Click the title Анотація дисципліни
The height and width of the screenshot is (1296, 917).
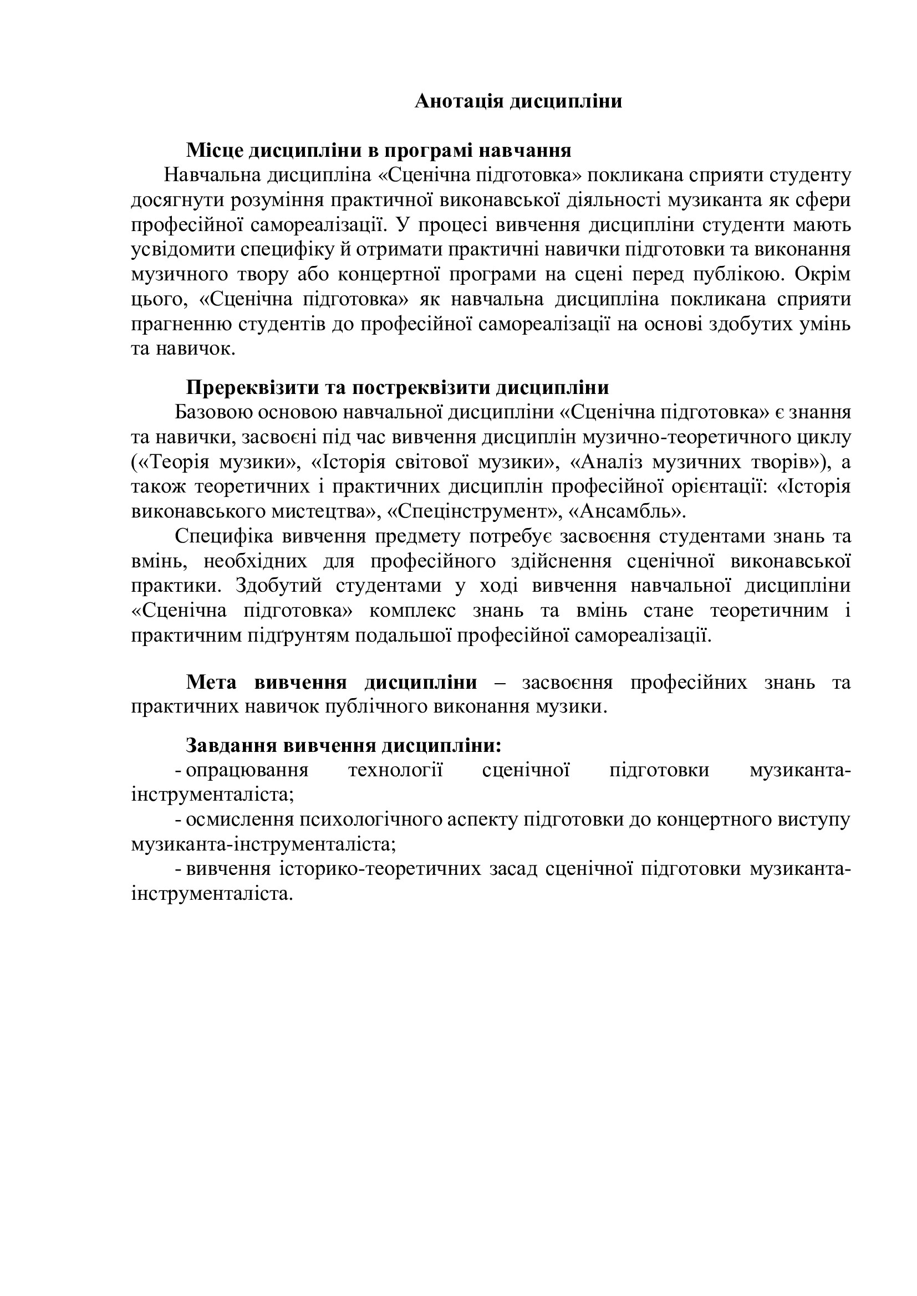[x=518, y=101]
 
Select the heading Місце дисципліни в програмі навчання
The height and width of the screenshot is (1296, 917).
[x=378, y=151]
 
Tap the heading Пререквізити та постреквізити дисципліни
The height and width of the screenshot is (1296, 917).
[x=398, y=388]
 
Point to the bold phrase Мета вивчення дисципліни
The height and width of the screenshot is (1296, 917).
[x=332, y=683]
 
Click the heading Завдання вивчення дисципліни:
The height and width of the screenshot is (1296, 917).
[x=343, y=746]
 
